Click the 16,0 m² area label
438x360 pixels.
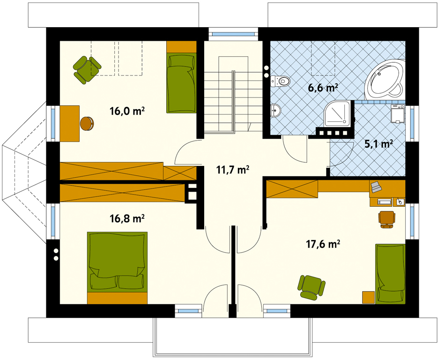pyautogui.click(x=127, y=111)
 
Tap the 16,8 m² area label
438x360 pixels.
pyautogui.click(x=127, y=218)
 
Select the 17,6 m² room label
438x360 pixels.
pyautogui.click(x=323, y=244)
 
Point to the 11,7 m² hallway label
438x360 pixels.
pyautogui.click(x=233, y=170)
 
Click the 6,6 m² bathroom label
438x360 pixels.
pyautogui.click(x=323, y=88)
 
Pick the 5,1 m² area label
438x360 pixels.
pyautogui.click(x=379, y=143)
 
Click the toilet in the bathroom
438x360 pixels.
pyautogui.click(x=280, y=81)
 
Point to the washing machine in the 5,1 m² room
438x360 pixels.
pyautogui.click(x=398, y=113)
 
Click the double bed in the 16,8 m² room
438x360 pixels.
pyautogui.click(x=117, y=268)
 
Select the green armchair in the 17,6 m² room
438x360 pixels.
pyautogui.click(x=312, y=288)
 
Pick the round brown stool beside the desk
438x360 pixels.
pyautogui.click(x=87, y=123)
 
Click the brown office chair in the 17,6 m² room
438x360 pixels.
pyautogui.click(x=387, y=219)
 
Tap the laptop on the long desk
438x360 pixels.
pyautogui.click(x=376, y=187)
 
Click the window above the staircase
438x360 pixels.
pyautogui.click(x=233, y=34)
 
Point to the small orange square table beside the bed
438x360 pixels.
pyautogui.click(x=369, y=297)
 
